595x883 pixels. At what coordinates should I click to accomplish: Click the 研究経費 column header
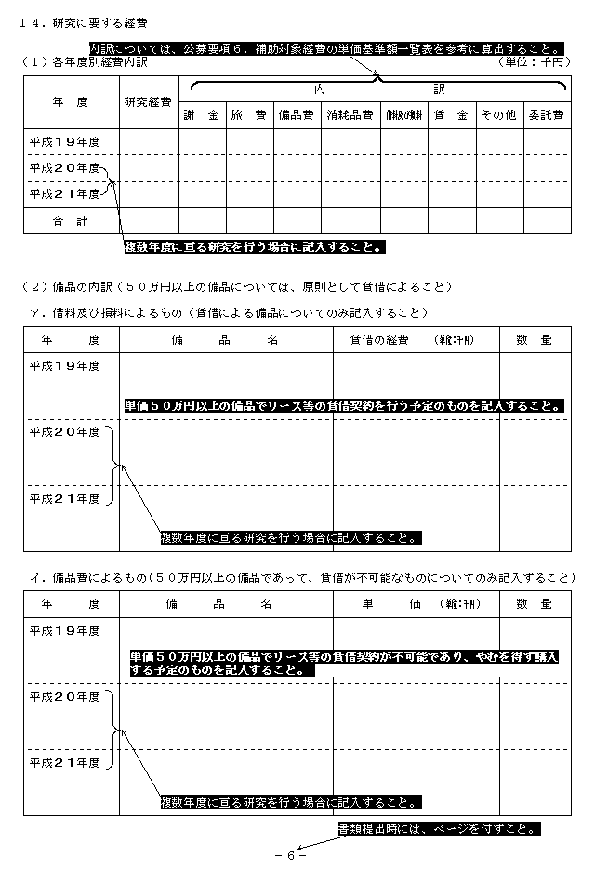tap(147, 101)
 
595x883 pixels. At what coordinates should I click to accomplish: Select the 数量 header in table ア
tap(534, 340)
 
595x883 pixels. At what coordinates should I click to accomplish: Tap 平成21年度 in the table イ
tap(64, 762)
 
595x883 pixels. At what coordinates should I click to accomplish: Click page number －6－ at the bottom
tap(291, 856)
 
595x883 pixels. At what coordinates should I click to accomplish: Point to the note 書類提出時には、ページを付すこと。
tap(438, 827)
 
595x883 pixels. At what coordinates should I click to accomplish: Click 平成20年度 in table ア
tap(64, 432)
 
